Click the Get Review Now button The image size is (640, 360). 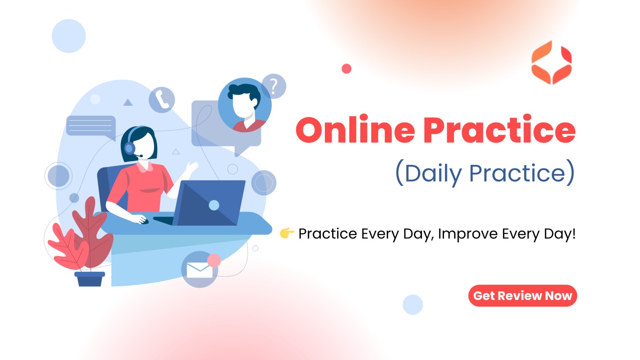point(522,296)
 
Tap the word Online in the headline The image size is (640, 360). point(355,129)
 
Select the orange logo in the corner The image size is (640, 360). point(551,62)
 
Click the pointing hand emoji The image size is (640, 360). point(287,233)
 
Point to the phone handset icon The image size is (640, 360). point(162,100)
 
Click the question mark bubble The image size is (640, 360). point(274,86)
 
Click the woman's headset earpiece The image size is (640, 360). point(129,148)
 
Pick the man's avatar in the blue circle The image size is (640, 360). point(244,105)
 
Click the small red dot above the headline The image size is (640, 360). point(346,69)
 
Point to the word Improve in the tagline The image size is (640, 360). point(468,234)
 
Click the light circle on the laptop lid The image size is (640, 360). point(214,205)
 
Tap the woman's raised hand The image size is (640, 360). point(191,167)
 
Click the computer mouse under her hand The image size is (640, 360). point(144,221)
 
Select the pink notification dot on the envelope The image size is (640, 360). point(214,260)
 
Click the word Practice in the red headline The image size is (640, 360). point(499,129)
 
